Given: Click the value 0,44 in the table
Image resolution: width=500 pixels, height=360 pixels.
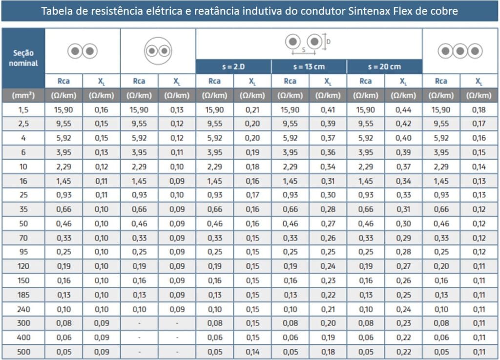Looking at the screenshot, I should click(403, 110).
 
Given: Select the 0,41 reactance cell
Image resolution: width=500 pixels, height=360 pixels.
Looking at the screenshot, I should click(328, 110).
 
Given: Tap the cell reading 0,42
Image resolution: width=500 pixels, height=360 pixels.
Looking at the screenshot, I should click(403, 124).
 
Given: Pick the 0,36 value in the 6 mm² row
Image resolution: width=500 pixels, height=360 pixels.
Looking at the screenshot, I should click(328, 152).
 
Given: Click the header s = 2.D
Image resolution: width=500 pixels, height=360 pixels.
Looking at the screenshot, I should click(233, 67).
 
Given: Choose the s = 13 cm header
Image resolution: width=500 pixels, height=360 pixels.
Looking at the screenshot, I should click(309, 67).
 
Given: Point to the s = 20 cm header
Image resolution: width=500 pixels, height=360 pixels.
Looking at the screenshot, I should click(384, 67).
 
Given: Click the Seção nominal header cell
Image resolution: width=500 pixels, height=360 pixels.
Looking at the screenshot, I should click(23, 58).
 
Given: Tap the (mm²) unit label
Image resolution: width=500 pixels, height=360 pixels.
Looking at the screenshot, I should click(23, 96).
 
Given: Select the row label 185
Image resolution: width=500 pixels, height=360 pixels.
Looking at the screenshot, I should click(23, 295).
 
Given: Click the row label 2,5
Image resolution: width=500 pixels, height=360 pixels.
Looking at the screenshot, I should click(23, 124).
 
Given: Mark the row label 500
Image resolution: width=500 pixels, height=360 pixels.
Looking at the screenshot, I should click(23, 351).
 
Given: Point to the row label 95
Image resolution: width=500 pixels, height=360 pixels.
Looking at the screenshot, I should click(23, 252).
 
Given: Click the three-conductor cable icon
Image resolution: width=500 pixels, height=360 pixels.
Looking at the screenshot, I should click(460, 51).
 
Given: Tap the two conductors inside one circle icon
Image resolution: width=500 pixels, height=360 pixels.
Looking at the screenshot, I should click(158, 51).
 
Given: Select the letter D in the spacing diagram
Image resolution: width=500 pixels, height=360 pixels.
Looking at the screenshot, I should click(328, 42).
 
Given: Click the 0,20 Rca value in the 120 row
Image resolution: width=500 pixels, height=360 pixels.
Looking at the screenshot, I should click(441, 266).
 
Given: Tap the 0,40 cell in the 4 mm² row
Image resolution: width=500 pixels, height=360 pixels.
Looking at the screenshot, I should click(403, 138).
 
